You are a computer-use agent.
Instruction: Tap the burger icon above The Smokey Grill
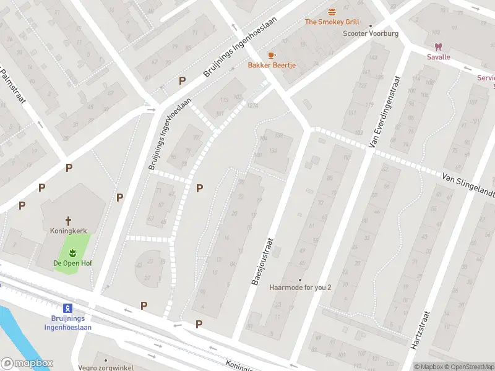click(332, 12)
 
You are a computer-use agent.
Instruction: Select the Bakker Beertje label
click(272, 65)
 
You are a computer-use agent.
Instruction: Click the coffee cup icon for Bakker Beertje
click(271, 55)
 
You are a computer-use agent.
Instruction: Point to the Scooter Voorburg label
click(371, 33)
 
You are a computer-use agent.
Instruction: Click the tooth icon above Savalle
click(439, 47)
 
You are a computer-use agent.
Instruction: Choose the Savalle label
click(439, 58)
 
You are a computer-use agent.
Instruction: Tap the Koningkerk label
click(69, 231)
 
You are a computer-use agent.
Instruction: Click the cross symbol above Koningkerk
click(69, 220)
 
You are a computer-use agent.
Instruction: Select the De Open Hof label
click(72, 263)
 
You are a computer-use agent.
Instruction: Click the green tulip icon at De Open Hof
click(72, 252)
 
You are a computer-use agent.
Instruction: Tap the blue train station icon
click(67, 308)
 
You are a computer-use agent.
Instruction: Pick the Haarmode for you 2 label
click(300, 288)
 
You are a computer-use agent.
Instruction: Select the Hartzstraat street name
click(419, 330)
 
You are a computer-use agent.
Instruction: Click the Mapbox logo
click(27, 364)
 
